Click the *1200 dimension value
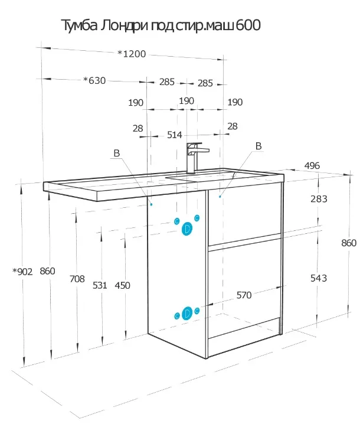click(132, 54)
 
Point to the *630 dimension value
click(94, 80)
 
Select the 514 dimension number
click(175, 135)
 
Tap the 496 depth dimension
click(312, 165)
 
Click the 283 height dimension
click(319, 199)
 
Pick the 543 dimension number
click(319, 278)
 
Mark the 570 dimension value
click(244, 295)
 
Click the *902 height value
click(22, 272)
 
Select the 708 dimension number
click(77, 279)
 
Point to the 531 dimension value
click(100, 285)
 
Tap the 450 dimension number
click(122, 285)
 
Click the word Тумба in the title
click(80, 25)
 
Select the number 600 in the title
click(248, 25)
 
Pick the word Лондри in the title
click(125, 26)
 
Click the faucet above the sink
click(196, 158)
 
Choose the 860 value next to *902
click(47, 271)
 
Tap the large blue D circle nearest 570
click(187, 313)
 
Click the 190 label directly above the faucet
click(186, 101)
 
